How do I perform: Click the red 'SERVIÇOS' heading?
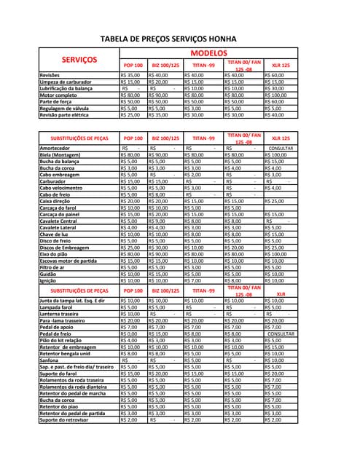[x=79, y=59]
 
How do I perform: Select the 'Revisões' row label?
[x=50, y=75]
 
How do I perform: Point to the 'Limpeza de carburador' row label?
[x=66, y=82]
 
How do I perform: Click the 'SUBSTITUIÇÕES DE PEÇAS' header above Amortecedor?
[x=79, y=138]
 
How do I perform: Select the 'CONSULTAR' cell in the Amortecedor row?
[x=281, y=148]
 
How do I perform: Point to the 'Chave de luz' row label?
[x=55, y=234]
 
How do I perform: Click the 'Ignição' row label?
[x=48, y=280]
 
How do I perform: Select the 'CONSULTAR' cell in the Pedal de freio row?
[x=281, y=333]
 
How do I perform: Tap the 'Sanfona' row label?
[x=50, y=360]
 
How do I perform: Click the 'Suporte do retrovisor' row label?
[x=64, y=420]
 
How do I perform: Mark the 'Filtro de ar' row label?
[x=53, y=267]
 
